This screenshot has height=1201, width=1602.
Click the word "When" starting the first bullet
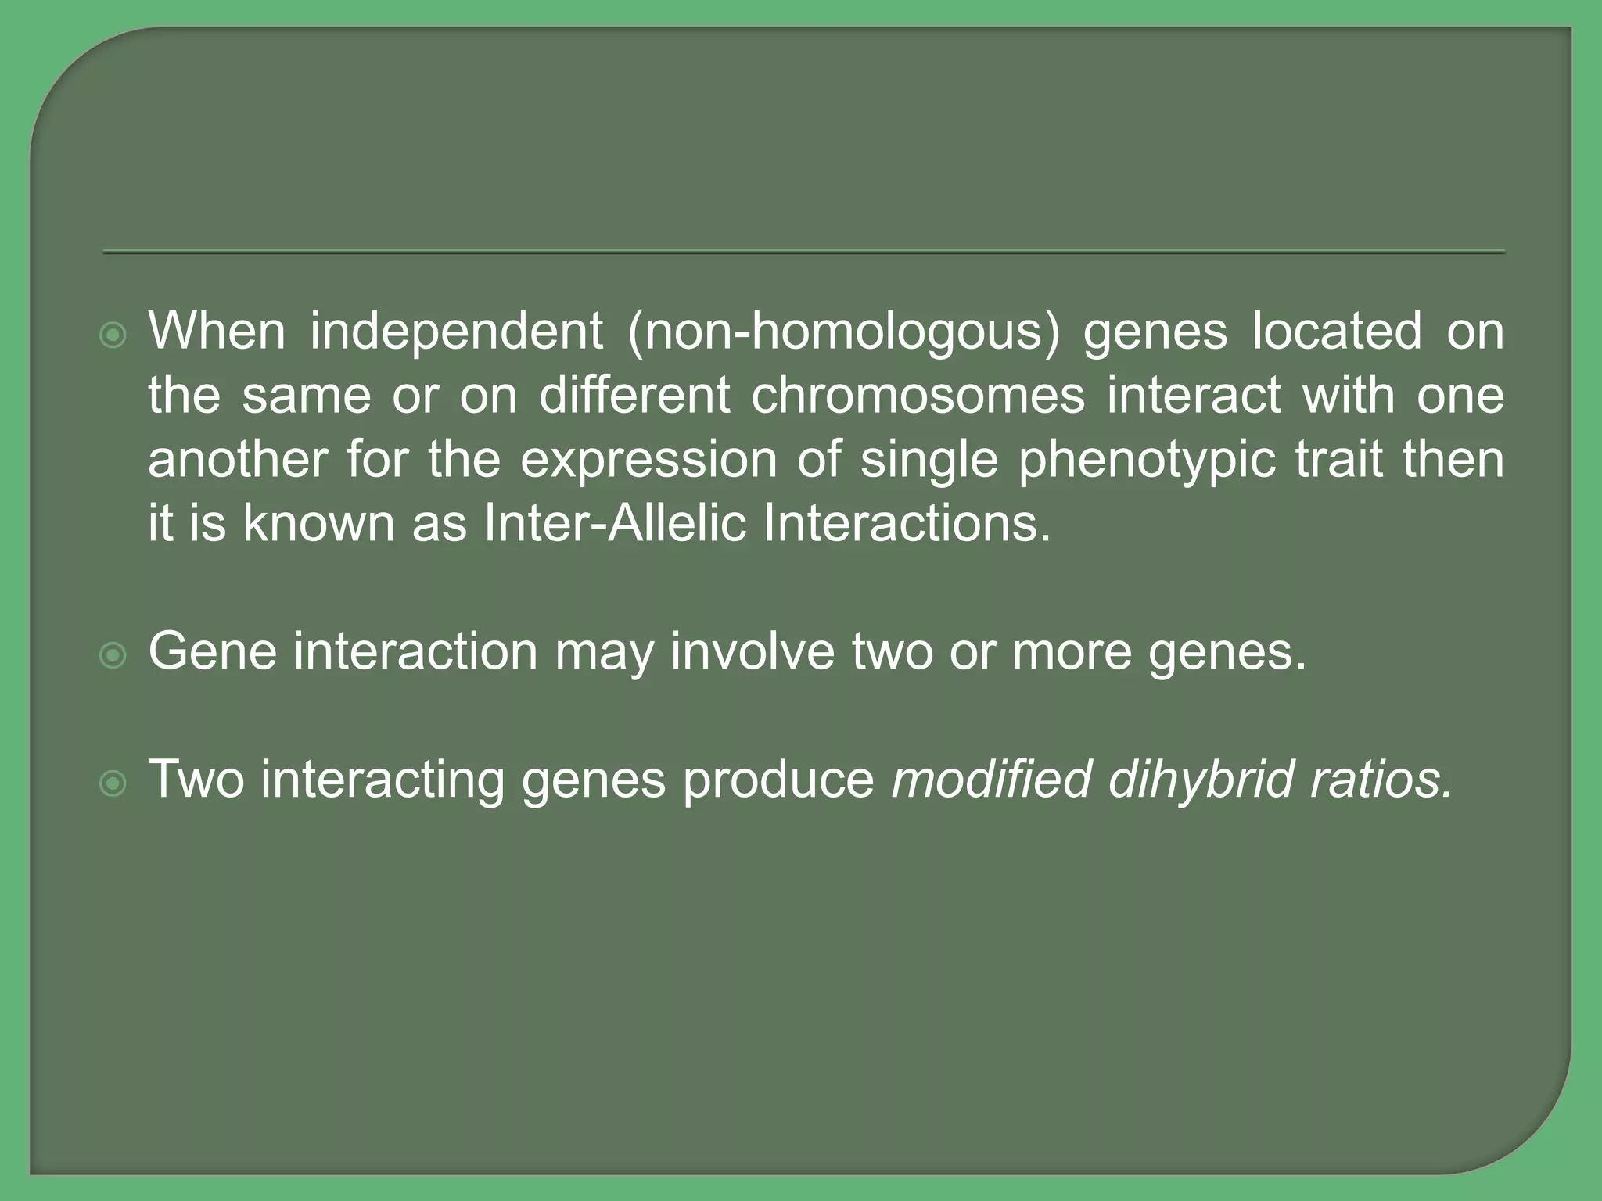217,331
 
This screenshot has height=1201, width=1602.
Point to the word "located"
1337,331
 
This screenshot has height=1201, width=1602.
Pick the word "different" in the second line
634,395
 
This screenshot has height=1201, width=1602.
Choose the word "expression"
648,461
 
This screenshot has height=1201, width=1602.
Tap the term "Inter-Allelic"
615,523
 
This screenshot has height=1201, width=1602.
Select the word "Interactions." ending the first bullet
907,523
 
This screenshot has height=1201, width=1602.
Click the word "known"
318,523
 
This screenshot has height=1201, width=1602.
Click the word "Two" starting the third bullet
196,780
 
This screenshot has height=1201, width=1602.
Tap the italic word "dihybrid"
1201,780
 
